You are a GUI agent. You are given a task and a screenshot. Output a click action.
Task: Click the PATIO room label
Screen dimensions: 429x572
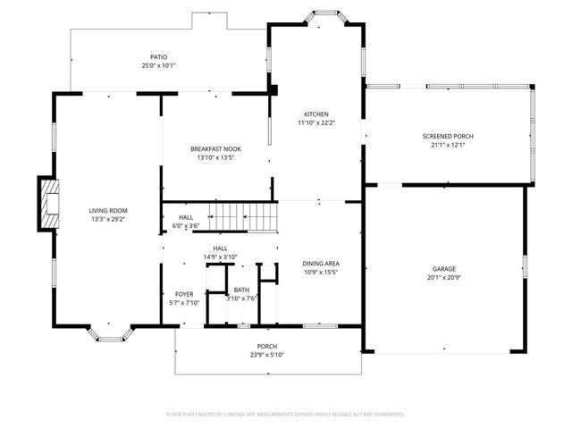pos(159,57)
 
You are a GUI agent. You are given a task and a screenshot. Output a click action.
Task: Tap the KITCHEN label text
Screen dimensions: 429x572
pos(316,114)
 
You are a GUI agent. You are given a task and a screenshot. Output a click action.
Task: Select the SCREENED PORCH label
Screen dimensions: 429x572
pos(448,137)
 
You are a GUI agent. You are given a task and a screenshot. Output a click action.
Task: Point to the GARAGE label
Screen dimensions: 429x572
pos(444,268)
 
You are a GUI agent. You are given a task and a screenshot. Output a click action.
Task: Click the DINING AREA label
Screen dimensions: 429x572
pos(321,264)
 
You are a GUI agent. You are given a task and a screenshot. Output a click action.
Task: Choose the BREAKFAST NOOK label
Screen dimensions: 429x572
pos(215,148)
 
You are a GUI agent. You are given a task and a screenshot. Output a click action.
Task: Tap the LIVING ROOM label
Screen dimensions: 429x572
pos(107,210)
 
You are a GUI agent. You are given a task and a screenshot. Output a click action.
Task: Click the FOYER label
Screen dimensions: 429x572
pos(184,294)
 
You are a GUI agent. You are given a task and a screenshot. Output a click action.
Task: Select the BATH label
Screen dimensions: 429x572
pos(241,290)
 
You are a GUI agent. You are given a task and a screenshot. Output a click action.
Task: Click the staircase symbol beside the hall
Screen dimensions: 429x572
pos(243,215)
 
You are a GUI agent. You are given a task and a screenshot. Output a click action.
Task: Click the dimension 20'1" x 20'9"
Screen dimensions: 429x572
pos(444,277)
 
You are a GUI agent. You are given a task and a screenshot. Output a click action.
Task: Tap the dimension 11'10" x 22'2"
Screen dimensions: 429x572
pos(316,123)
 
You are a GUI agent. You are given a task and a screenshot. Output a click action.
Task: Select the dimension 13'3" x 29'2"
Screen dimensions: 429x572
pos(107,219)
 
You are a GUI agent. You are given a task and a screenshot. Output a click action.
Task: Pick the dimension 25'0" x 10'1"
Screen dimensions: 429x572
pos(159,66)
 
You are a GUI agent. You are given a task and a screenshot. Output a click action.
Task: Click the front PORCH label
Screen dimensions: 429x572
pos(267,346)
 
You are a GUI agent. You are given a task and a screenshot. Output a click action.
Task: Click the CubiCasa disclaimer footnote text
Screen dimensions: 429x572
pos(286,414)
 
